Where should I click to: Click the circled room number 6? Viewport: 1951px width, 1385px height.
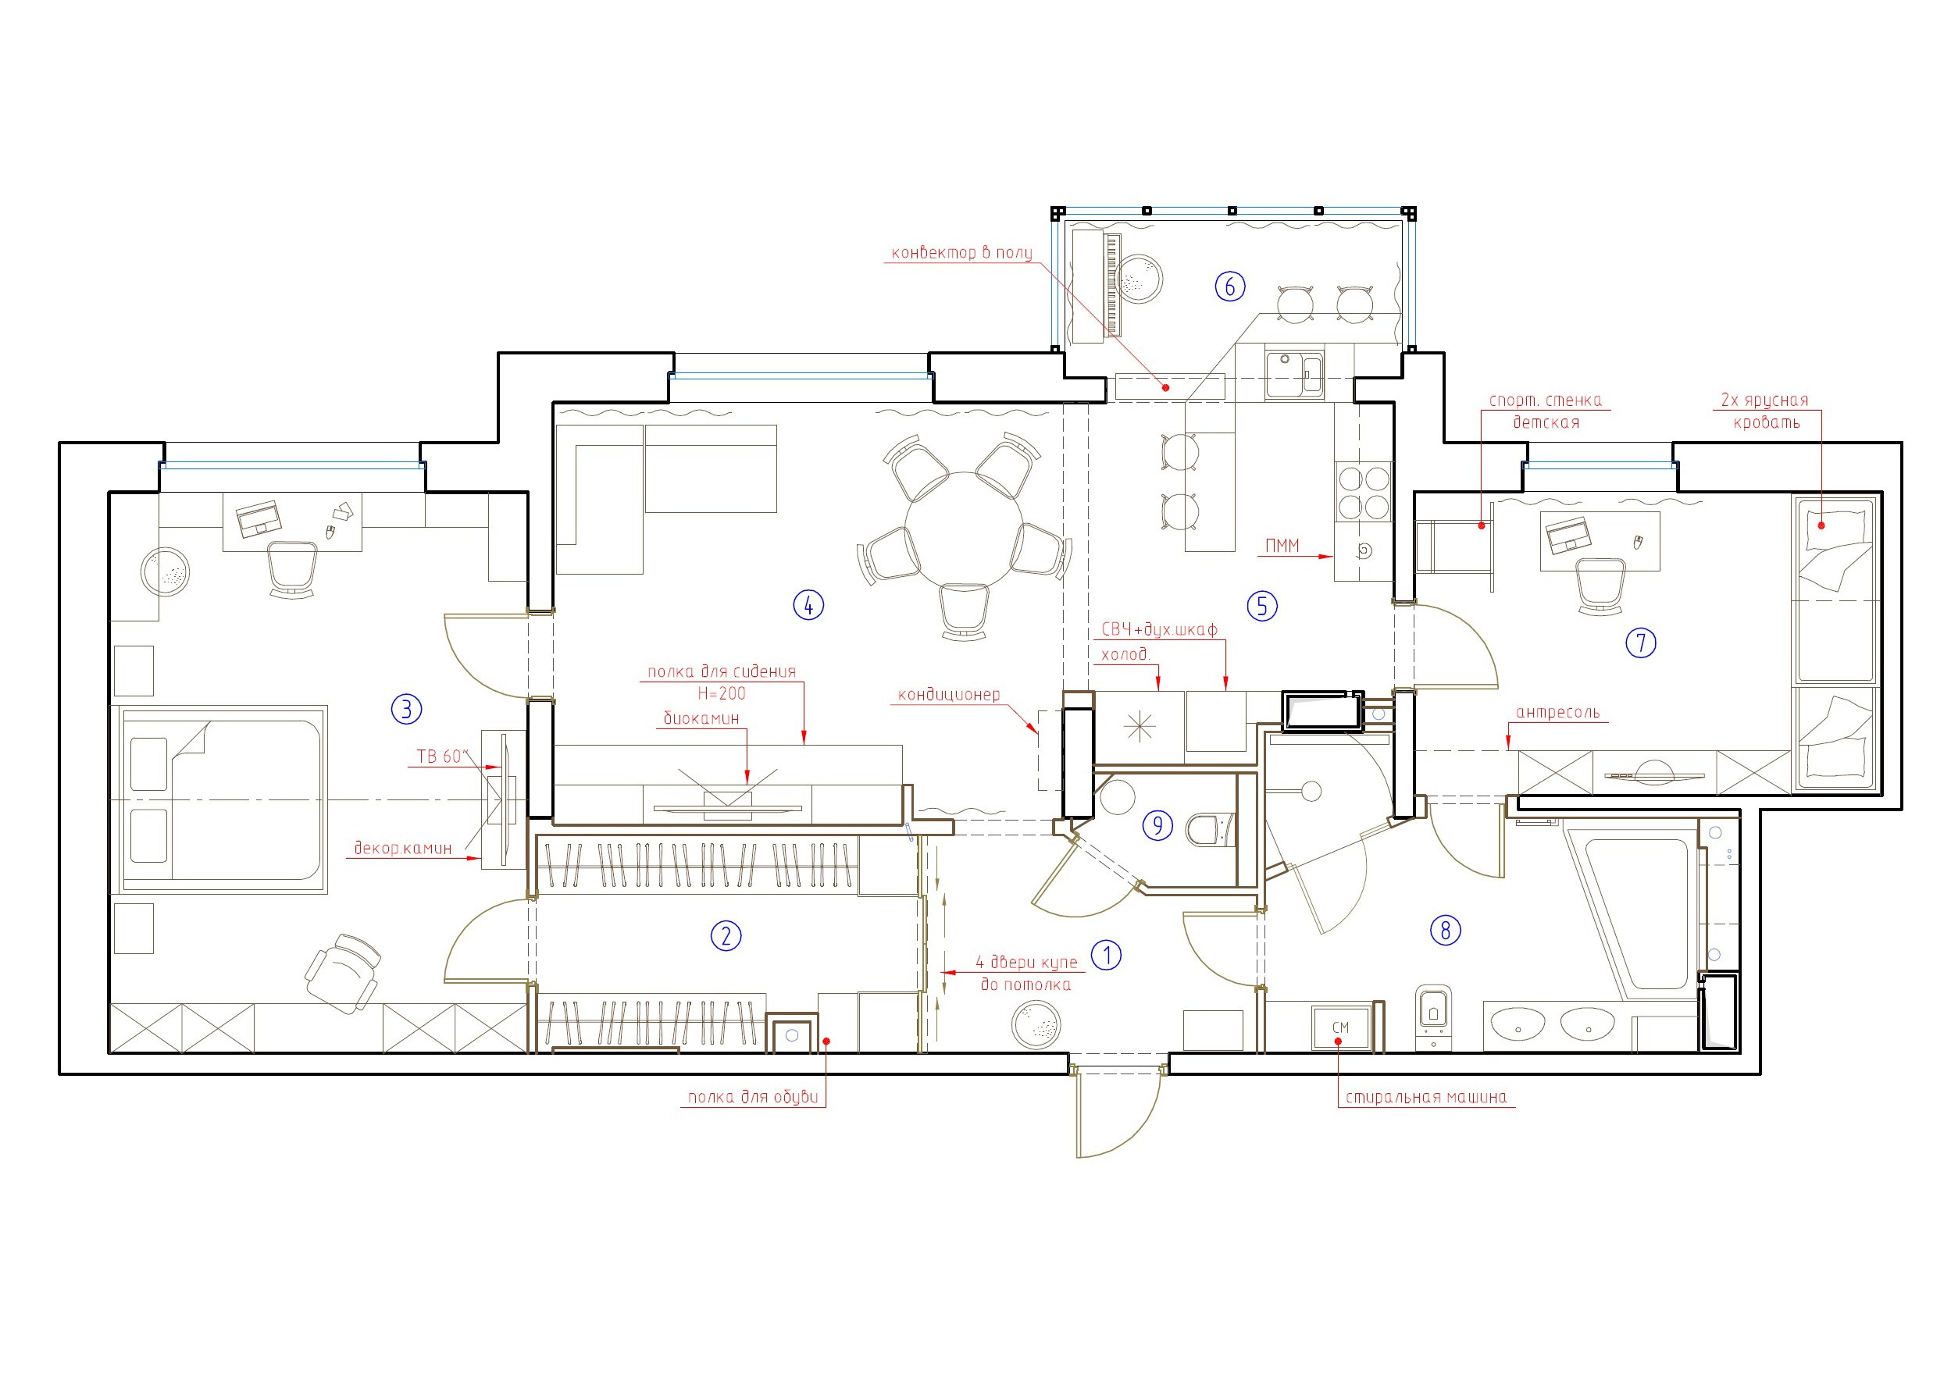coord(1229,287)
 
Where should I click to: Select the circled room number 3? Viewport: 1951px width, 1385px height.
coord(406,709)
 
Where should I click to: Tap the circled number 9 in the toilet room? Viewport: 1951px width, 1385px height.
coord(1157,825)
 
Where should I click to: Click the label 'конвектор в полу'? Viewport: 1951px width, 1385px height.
coord(961,252)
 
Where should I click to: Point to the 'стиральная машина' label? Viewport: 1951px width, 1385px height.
coord(1426,1098)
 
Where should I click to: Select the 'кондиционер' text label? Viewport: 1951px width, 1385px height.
coord(949,695)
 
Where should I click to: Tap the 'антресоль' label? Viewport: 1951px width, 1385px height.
coord(1557,713)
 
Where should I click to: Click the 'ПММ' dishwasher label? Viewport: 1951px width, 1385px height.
coord(1282,546)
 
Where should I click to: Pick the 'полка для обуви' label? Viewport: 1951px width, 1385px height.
coord(752,1098)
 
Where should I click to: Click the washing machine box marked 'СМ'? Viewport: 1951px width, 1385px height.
coord(1341,1027)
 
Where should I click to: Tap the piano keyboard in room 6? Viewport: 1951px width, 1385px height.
coord(1111,285)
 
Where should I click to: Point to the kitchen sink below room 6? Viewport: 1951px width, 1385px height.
coord(1294,376)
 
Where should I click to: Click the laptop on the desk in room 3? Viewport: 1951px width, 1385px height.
coord(259,518)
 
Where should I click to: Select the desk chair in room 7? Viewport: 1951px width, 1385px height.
coord(1600,586)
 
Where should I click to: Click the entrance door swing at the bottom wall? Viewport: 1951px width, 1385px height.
coord(1118,1114)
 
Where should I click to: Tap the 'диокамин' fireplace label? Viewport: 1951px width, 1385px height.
coord(701,719)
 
